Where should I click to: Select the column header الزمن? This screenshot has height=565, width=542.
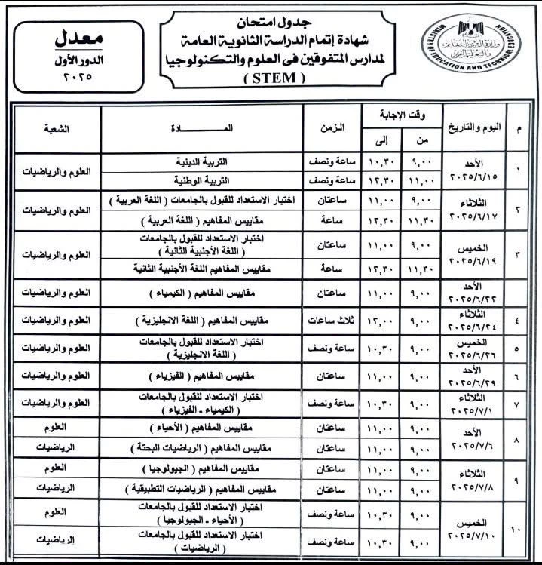tap(331, 128)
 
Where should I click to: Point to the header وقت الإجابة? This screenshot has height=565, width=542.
tap(400, 115)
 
